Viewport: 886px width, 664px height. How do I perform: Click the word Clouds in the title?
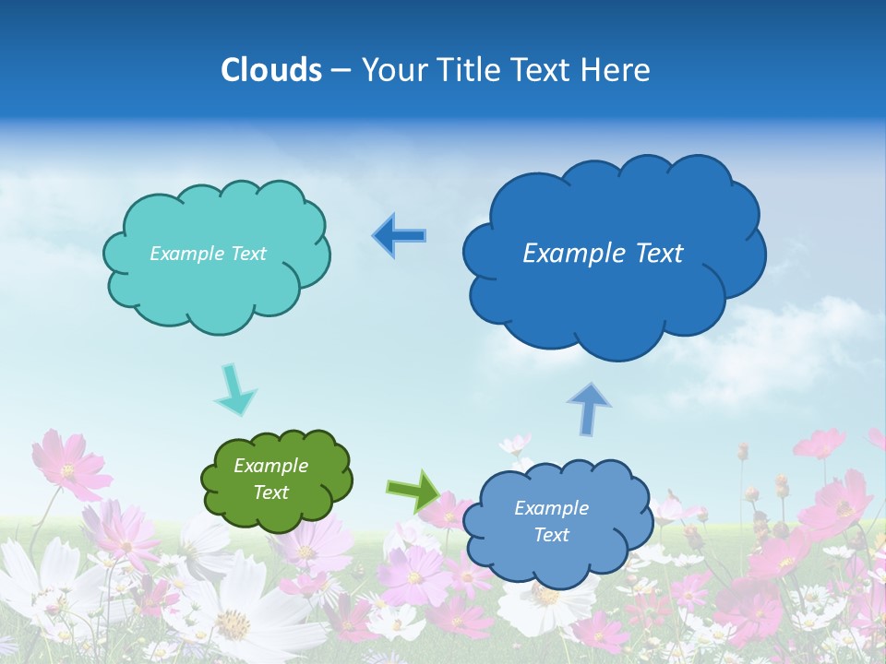271,70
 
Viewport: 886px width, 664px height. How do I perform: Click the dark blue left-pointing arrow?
399,235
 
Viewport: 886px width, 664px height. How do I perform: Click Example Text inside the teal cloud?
208,254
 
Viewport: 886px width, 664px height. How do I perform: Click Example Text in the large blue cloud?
603,254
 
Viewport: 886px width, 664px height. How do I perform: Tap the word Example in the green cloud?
270,466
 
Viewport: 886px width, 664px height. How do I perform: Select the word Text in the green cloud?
270,492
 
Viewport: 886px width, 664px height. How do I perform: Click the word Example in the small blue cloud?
551,508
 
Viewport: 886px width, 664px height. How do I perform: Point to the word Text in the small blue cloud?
551,535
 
